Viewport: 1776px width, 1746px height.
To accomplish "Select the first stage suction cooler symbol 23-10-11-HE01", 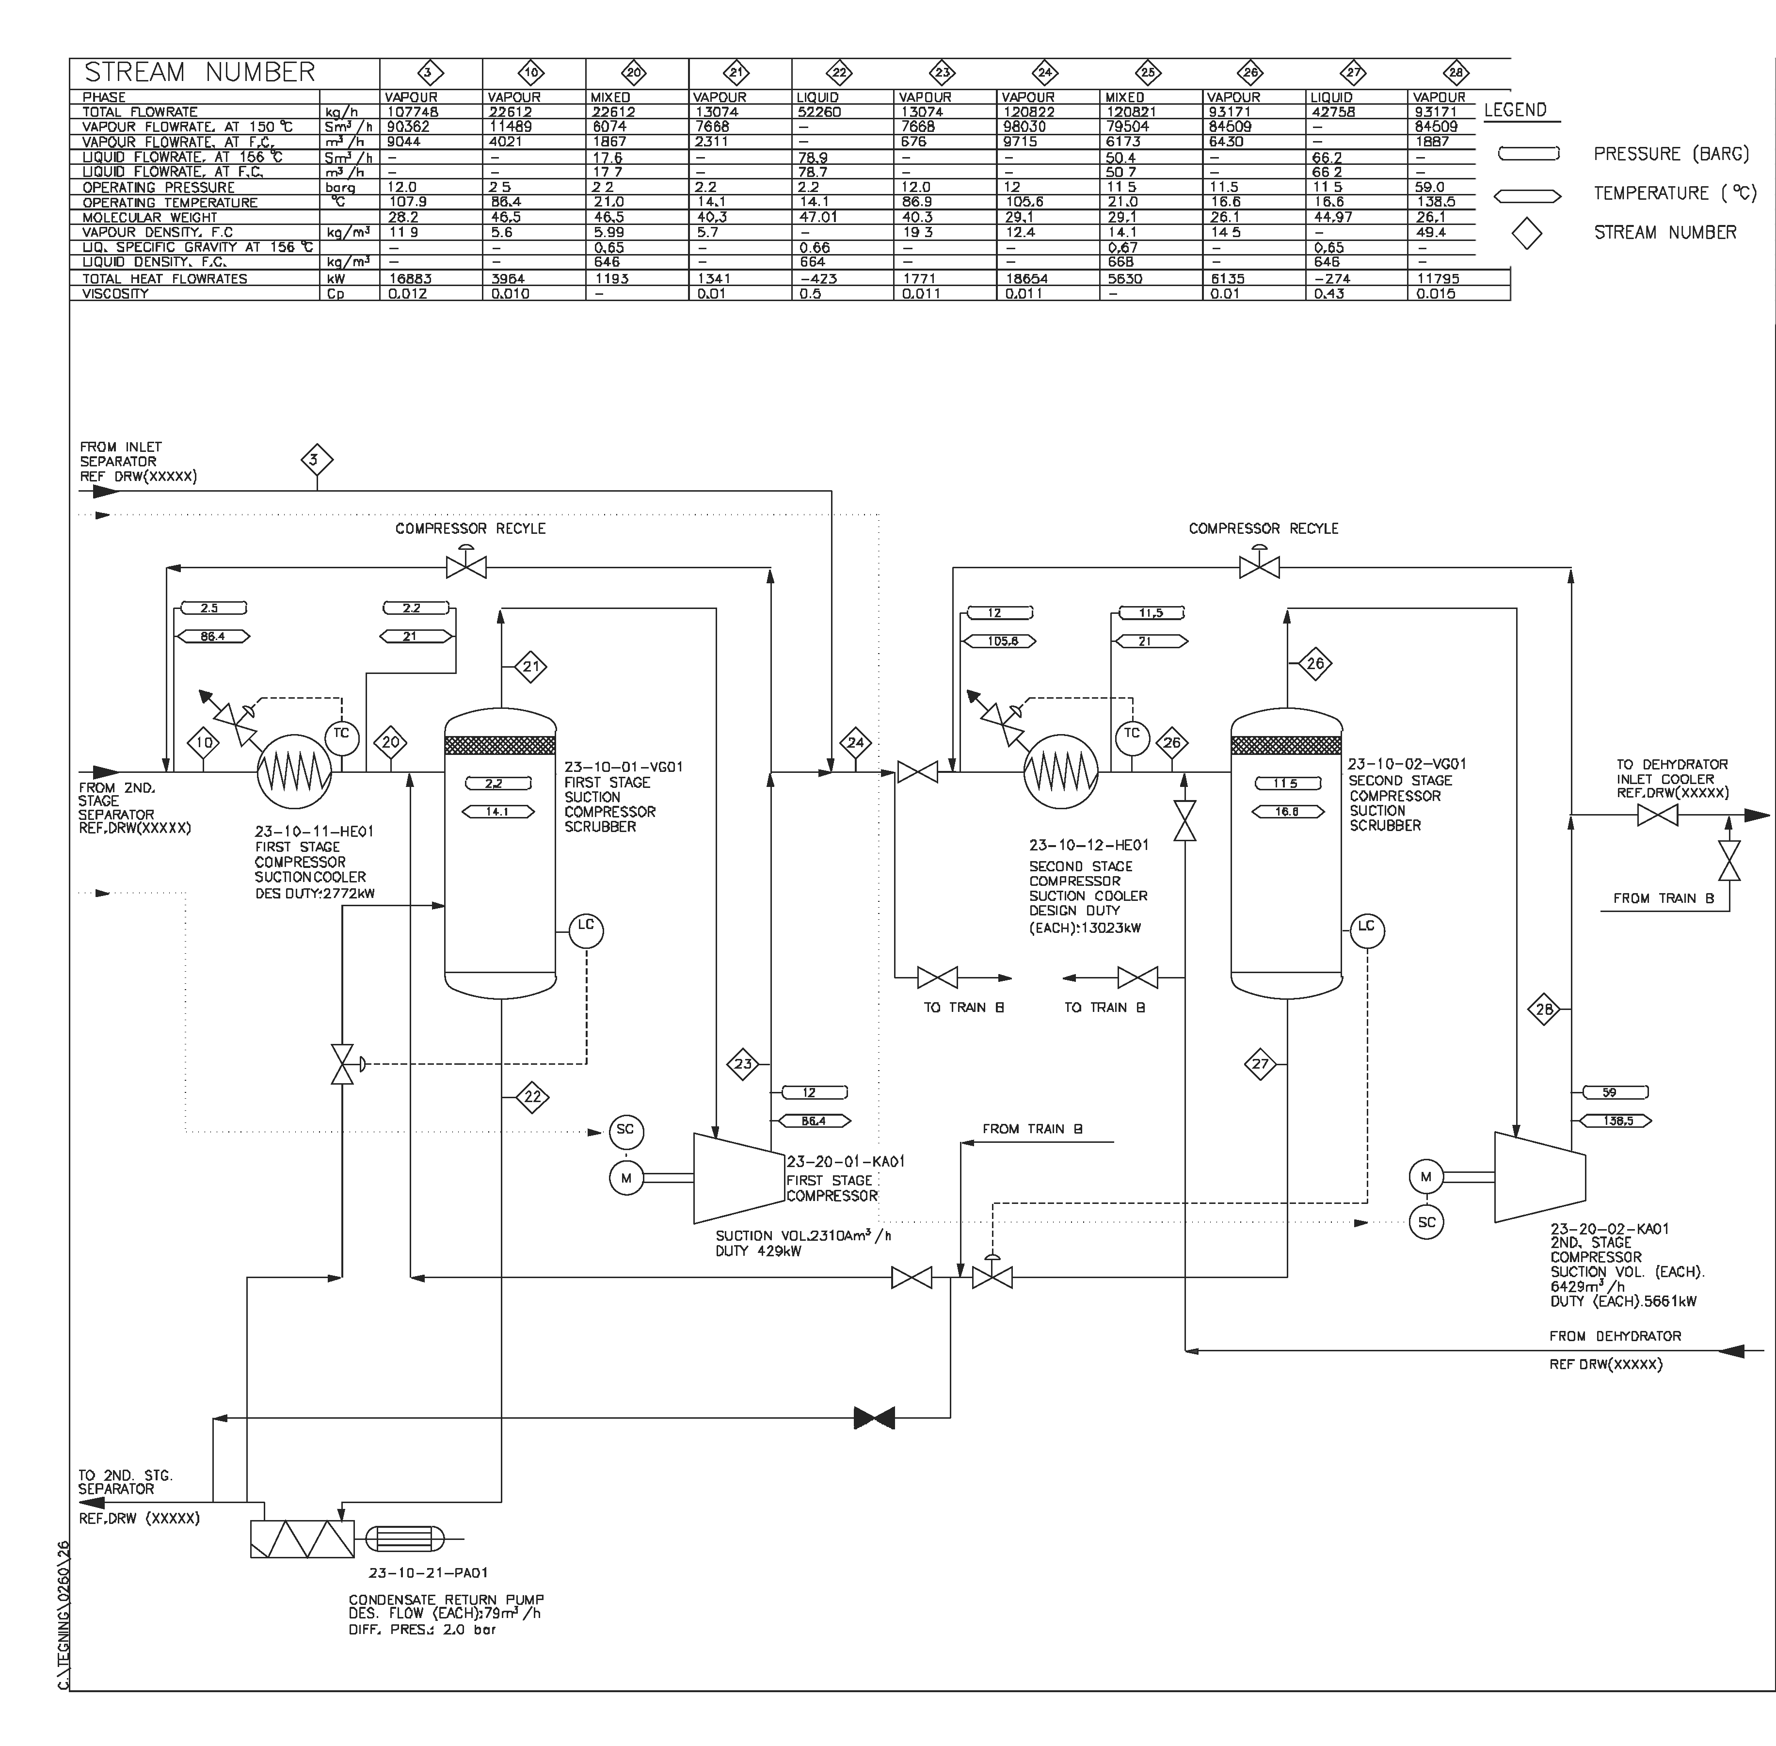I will tap(293, 773).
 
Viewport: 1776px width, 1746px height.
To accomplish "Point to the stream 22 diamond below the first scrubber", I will tap(532, 1097).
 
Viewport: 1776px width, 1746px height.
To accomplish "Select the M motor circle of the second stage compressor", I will tap(1426, 1177).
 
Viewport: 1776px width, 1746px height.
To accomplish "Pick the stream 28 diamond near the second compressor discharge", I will tap(1545, 1009).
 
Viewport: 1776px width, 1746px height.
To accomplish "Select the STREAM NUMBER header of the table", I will tap(200, 72).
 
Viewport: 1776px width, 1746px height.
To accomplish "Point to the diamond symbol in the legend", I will tap(1527, 233).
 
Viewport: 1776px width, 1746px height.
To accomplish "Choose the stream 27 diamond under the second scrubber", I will tap(1261, 1064).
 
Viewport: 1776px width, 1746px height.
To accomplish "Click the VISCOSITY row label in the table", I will tap(115, 293).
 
